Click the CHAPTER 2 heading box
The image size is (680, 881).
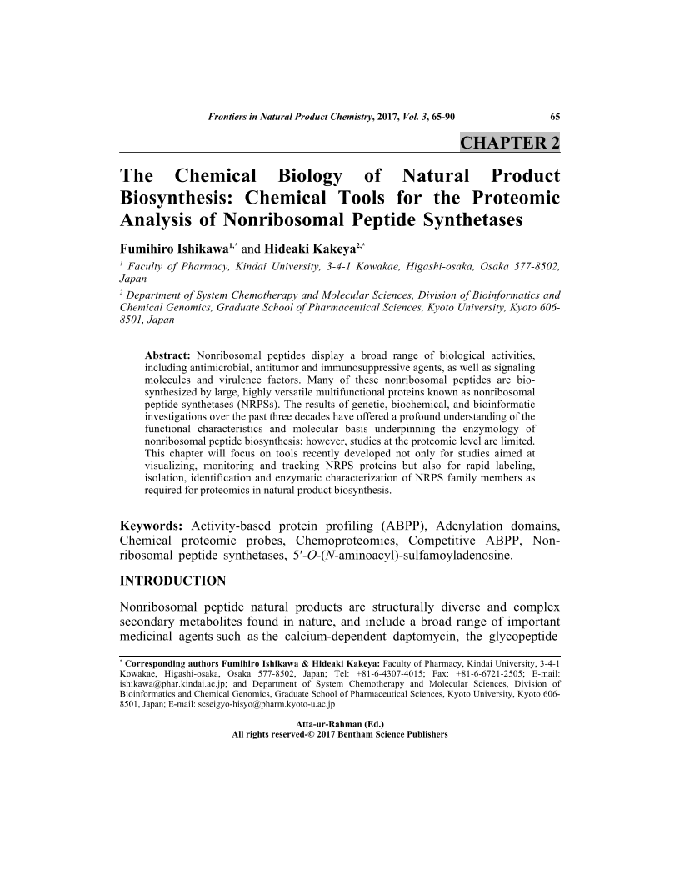click(510, 143)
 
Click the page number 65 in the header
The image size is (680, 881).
click(554, 116)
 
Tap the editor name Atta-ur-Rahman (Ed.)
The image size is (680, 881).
click(340, 724)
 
